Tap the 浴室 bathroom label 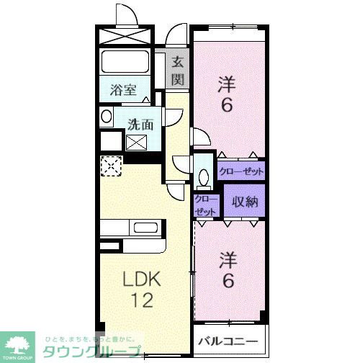pos(123,90)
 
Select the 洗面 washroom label pos(140,123)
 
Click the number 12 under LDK pos(141,300)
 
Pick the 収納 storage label pos(245,202)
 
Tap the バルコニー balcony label pos(230,341)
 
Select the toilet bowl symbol pos(202,176)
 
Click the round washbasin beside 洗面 pos(107,116)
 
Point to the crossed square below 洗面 pos(137,142)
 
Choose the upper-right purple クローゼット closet pos(241,171)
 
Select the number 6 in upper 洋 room pos(227,106)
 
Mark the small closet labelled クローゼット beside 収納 pos(205,205)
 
